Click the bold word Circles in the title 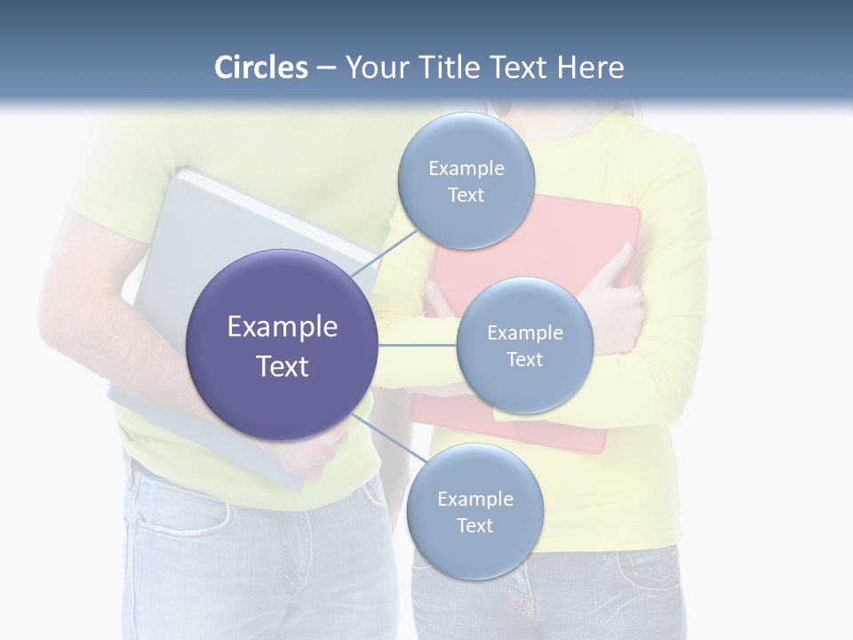tap(261, 68)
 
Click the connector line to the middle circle tap(418, 345)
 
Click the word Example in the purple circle tap(283, 327)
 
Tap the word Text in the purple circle tap(283, 366)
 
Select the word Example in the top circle tap(466, 168)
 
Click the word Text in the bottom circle tap(475, 525)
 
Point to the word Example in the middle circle tap(525, 332)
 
